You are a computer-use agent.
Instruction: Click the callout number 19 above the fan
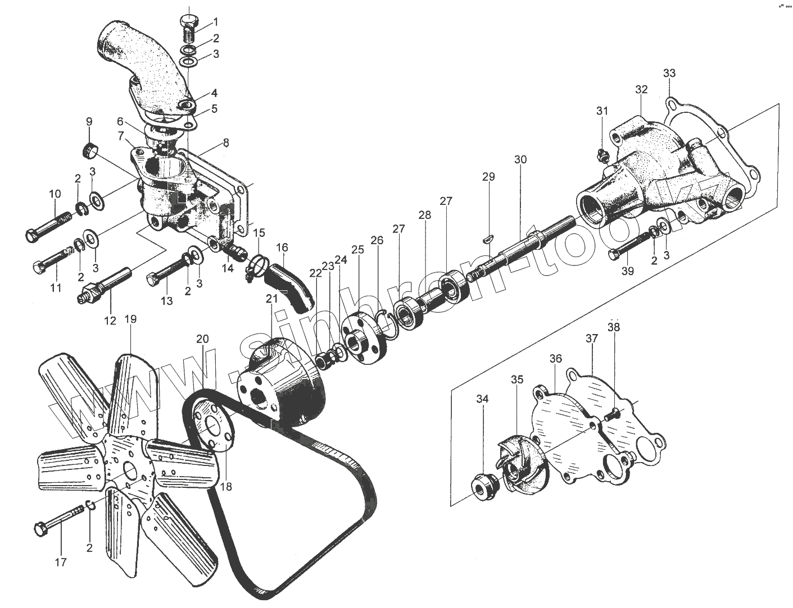click(x=130, y=319)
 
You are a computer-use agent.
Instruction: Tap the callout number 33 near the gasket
click(x=669, y=73)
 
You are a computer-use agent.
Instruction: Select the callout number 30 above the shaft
click(x=520, y=159)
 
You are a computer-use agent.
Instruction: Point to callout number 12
click(x=110, y=321)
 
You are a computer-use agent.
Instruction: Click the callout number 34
click(x=482, y=399)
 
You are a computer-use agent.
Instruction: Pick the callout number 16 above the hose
click(x=282, y=247)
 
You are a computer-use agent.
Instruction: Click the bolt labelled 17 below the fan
click(x=62, y=519)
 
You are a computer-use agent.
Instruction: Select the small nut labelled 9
click(x=90, y=150)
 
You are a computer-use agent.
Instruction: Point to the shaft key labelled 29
click(x=488, y=238)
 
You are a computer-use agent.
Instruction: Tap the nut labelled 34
click(x=483, y=486)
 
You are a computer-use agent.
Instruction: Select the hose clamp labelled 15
click(x=256, y=265)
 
